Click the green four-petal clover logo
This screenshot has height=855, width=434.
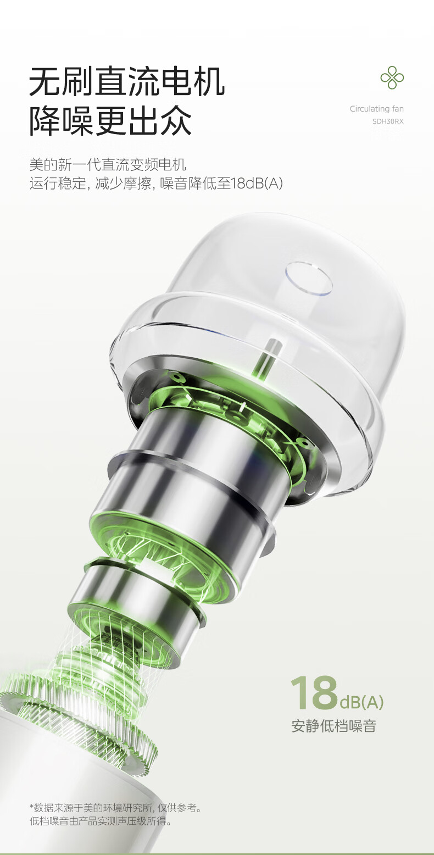392,77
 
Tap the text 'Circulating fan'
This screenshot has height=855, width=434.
376,109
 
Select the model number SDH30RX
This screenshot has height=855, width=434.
388,121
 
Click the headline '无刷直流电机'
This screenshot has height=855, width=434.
127,81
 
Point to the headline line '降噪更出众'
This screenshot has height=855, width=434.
110,121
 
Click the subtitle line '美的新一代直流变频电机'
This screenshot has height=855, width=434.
108,164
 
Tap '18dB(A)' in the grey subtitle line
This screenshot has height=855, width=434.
257,184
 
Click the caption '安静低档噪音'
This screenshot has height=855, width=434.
334,726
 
